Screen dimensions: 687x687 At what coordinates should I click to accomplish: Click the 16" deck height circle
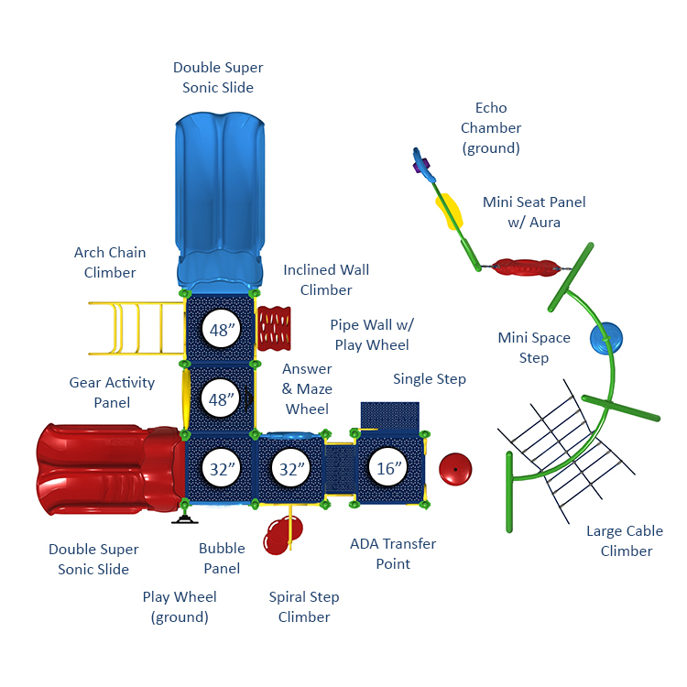click(387, 467)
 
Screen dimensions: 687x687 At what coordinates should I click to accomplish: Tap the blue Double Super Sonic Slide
click(220, 202)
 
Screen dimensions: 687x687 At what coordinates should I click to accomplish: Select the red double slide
click(111, 469)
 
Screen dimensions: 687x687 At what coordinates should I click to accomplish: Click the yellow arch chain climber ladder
click(136, 328)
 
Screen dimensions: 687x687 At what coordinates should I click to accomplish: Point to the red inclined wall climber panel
click(274, 328)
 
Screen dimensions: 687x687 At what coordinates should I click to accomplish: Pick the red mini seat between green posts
click(525, 267)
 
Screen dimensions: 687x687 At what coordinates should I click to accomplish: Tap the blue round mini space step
click(606, 338)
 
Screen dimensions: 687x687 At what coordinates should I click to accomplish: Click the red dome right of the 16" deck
click(455, 469)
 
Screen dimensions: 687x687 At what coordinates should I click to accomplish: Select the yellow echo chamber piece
click(449, 212)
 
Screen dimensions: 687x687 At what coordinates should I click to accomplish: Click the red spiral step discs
click(283, 535)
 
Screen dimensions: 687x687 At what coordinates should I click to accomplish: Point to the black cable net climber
click(566, 452)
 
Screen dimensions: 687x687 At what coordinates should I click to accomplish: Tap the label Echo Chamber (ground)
click(491, 128)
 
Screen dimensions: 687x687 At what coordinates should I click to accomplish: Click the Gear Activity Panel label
click(112, 392)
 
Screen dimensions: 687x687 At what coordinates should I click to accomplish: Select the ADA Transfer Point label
click(393, 553)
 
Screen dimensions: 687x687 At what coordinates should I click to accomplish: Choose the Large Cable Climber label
click(626, 540)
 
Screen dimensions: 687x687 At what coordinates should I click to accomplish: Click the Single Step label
click(430, 379)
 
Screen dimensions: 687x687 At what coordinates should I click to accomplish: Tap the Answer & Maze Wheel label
click(307, 388)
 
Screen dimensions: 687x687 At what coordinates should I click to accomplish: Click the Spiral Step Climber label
click(304, 606)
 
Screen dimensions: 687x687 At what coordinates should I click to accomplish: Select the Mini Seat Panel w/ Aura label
click(534, 213)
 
